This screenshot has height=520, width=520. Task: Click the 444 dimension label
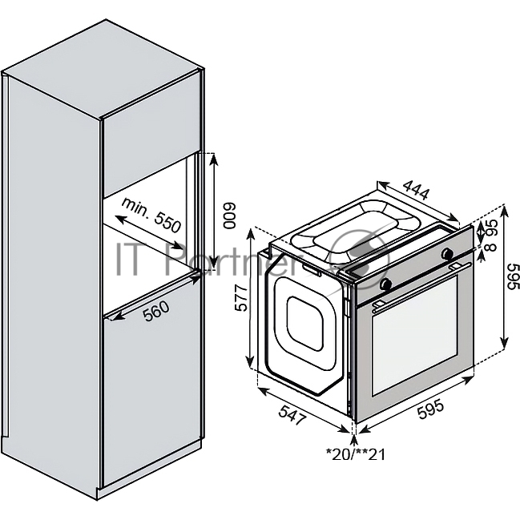(x=416, y=190)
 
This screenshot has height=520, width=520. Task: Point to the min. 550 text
(x=151, y=215)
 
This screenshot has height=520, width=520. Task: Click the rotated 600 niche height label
(x=229, y=216)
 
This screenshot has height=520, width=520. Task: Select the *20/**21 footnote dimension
(x=356, y=454)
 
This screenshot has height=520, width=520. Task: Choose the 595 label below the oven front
(x=430, y=410)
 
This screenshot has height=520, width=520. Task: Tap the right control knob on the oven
(x=447, y=254)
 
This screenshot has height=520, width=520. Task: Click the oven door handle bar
(x=421, y=287)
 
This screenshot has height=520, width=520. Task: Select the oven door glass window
(x=415, y=335)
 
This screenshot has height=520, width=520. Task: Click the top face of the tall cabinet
(x=103, y=69)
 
